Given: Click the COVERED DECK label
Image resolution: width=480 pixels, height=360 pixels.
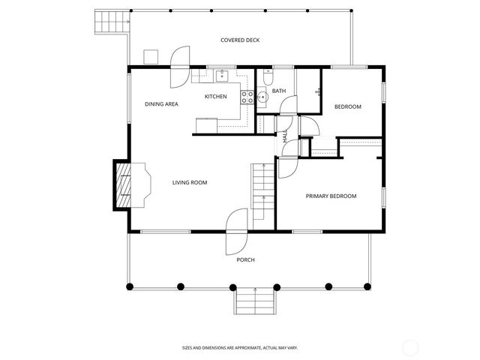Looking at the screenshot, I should click(x=240, y=40).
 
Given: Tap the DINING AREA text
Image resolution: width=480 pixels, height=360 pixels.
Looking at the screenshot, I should click(x=161, y=104).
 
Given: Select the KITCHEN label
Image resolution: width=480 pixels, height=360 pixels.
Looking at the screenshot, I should click(x=216, y=97).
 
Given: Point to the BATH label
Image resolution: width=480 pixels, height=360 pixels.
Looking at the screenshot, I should click(x=279, y=91).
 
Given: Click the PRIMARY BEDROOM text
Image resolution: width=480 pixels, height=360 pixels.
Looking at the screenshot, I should click(x=331, y=196).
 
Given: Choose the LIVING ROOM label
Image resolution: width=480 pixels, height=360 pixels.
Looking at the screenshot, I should click(x=190, y=182).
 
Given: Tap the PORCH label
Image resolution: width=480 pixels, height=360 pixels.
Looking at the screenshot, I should click(x=245, y=260).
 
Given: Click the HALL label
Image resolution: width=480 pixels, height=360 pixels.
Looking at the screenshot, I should click(x=286, y=136).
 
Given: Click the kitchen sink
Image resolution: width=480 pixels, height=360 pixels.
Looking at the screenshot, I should click(x=222, y=75).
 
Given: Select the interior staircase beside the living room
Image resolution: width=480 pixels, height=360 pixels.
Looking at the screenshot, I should click(x=261, y=192).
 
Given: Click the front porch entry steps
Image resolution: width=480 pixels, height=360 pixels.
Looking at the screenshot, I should click(x=256, y=302).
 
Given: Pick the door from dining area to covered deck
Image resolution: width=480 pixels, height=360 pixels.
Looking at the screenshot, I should click(x=180, y=67).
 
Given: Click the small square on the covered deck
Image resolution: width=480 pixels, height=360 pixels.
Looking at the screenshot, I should click(x=151, y=55).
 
